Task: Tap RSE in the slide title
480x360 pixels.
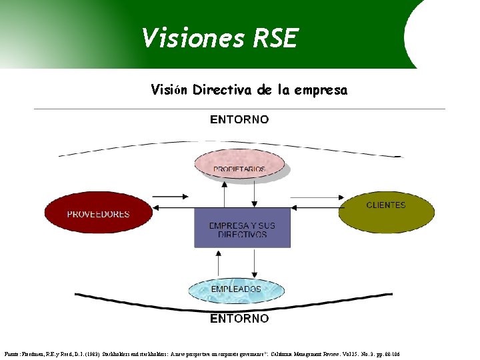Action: pos(275,38)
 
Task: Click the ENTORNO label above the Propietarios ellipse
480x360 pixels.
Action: pos(239,120)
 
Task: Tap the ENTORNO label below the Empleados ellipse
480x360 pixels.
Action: pos(239,319)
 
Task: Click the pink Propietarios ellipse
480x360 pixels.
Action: pos(239,165)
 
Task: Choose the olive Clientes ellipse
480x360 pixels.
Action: pos(386,210)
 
